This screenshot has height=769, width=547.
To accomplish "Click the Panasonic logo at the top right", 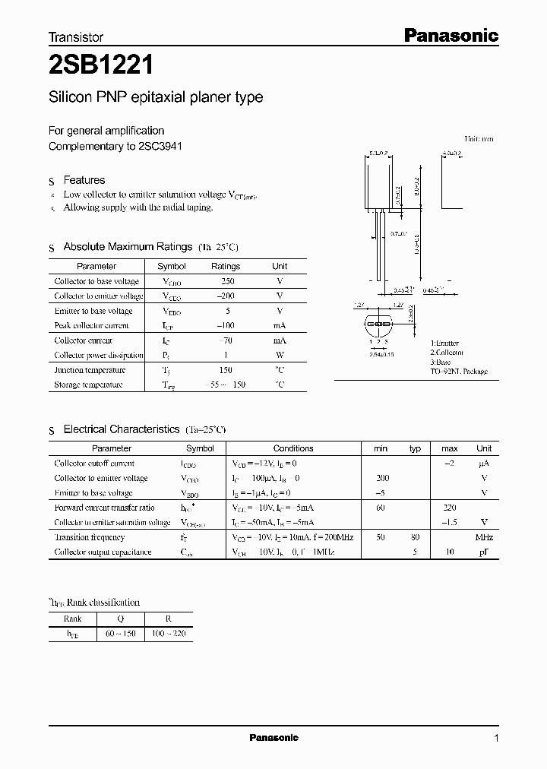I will click(450, 35).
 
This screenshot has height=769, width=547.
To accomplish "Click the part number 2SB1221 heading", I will click(101, 66).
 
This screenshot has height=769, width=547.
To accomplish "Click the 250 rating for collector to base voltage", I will click(225, 281).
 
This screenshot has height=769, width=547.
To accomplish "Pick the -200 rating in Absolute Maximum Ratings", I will click(225, 296).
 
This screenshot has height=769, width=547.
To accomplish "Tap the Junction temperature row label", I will click(89, 370).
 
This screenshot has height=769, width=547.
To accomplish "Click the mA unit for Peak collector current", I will click(280, 325).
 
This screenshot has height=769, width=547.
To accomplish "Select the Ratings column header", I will click(225, 267).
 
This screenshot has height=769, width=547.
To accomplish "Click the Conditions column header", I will click(292, 448).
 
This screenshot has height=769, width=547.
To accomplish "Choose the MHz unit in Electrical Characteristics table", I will click(484, 537).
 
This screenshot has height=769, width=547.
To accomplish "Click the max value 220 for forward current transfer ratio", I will click(449, 508).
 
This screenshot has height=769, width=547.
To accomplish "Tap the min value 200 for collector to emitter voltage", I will click(381, 478).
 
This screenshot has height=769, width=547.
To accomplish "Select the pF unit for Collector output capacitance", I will click(484, 552).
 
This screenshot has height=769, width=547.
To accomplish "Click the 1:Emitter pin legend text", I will click(444, 343).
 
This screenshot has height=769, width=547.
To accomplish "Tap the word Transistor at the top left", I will click(75, 36).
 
